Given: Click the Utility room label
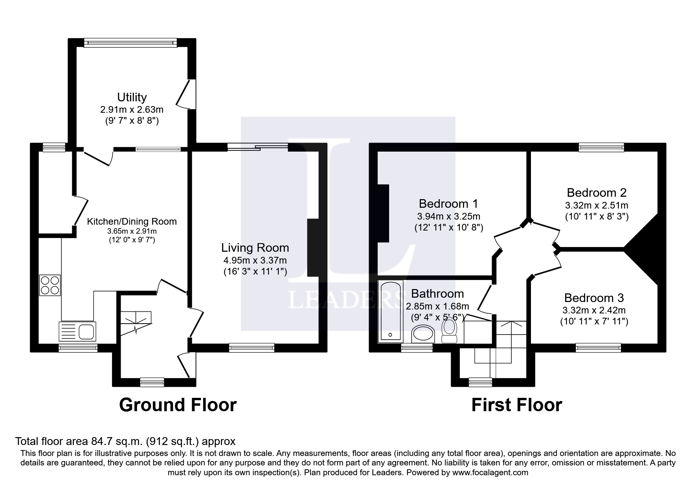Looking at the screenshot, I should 132,97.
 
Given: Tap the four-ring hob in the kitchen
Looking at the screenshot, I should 50,285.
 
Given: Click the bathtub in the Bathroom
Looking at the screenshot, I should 390,311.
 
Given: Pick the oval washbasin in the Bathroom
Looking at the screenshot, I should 423,334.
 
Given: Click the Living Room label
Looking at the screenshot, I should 255,248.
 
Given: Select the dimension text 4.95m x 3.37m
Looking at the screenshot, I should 255,260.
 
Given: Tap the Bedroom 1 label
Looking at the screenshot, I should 448,203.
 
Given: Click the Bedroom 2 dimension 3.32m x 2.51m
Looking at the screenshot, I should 597,205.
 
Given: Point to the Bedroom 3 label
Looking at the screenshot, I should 594,298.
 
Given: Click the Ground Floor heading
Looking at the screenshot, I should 178,405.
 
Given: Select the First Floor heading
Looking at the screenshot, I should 516,405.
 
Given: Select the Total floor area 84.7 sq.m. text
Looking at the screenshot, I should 125,441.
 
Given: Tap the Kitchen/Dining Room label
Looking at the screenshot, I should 132,222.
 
